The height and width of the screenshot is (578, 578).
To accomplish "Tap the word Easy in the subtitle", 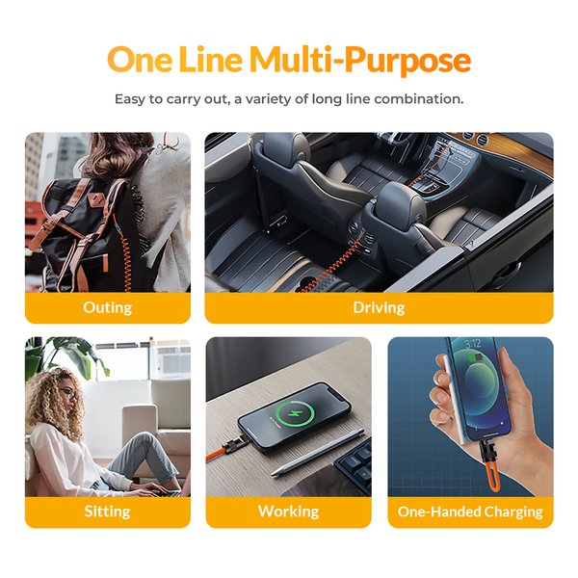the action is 130,99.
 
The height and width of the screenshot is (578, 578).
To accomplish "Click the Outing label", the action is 107,307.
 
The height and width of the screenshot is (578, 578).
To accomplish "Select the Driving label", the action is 379,307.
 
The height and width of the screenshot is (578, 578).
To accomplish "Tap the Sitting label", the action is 107,512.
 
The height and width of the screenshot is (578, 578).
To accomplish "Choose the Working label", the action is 289,512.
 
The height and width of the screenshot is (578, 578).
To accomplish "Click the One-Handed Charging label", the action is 470,512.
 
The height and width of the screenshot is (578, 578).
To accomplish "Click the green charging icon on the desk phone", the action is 296,412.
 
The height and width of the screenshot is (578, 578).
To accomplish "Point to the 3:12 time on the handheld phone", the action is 473,344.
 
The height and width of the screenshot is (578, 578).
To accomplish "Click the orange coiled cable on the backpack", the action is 125,254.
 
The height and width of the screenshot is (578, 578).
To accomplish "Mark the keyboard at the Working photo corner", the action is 354,465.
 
